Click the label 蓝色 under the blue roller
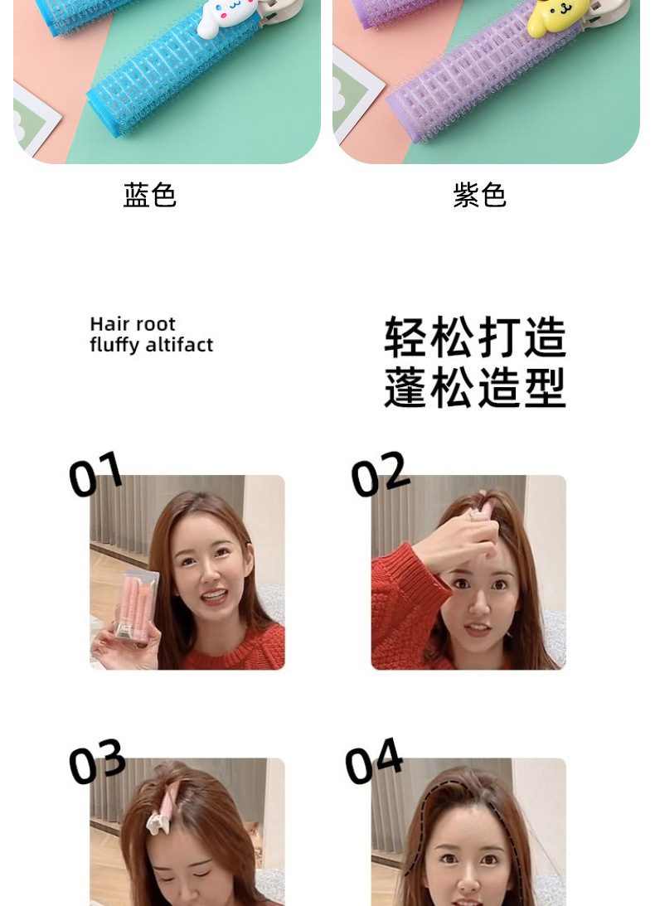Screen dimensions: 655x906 [x=150, y=195]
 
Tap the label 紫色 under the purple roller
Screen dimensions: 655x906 [x=480, y=195]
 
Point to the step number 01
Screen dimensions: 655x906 [x=95, y=474]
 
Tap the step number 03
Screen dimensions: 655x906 [x=96, y=761]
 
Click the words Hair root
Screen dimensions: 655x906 [x=133, y=324]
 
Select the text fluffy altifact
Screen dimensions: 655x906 [x=152, y=345]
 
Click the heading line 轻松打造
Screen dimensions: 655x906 [x=475, y=337]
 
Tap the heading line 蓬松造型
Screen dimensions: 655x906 [x=475, y=387]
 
